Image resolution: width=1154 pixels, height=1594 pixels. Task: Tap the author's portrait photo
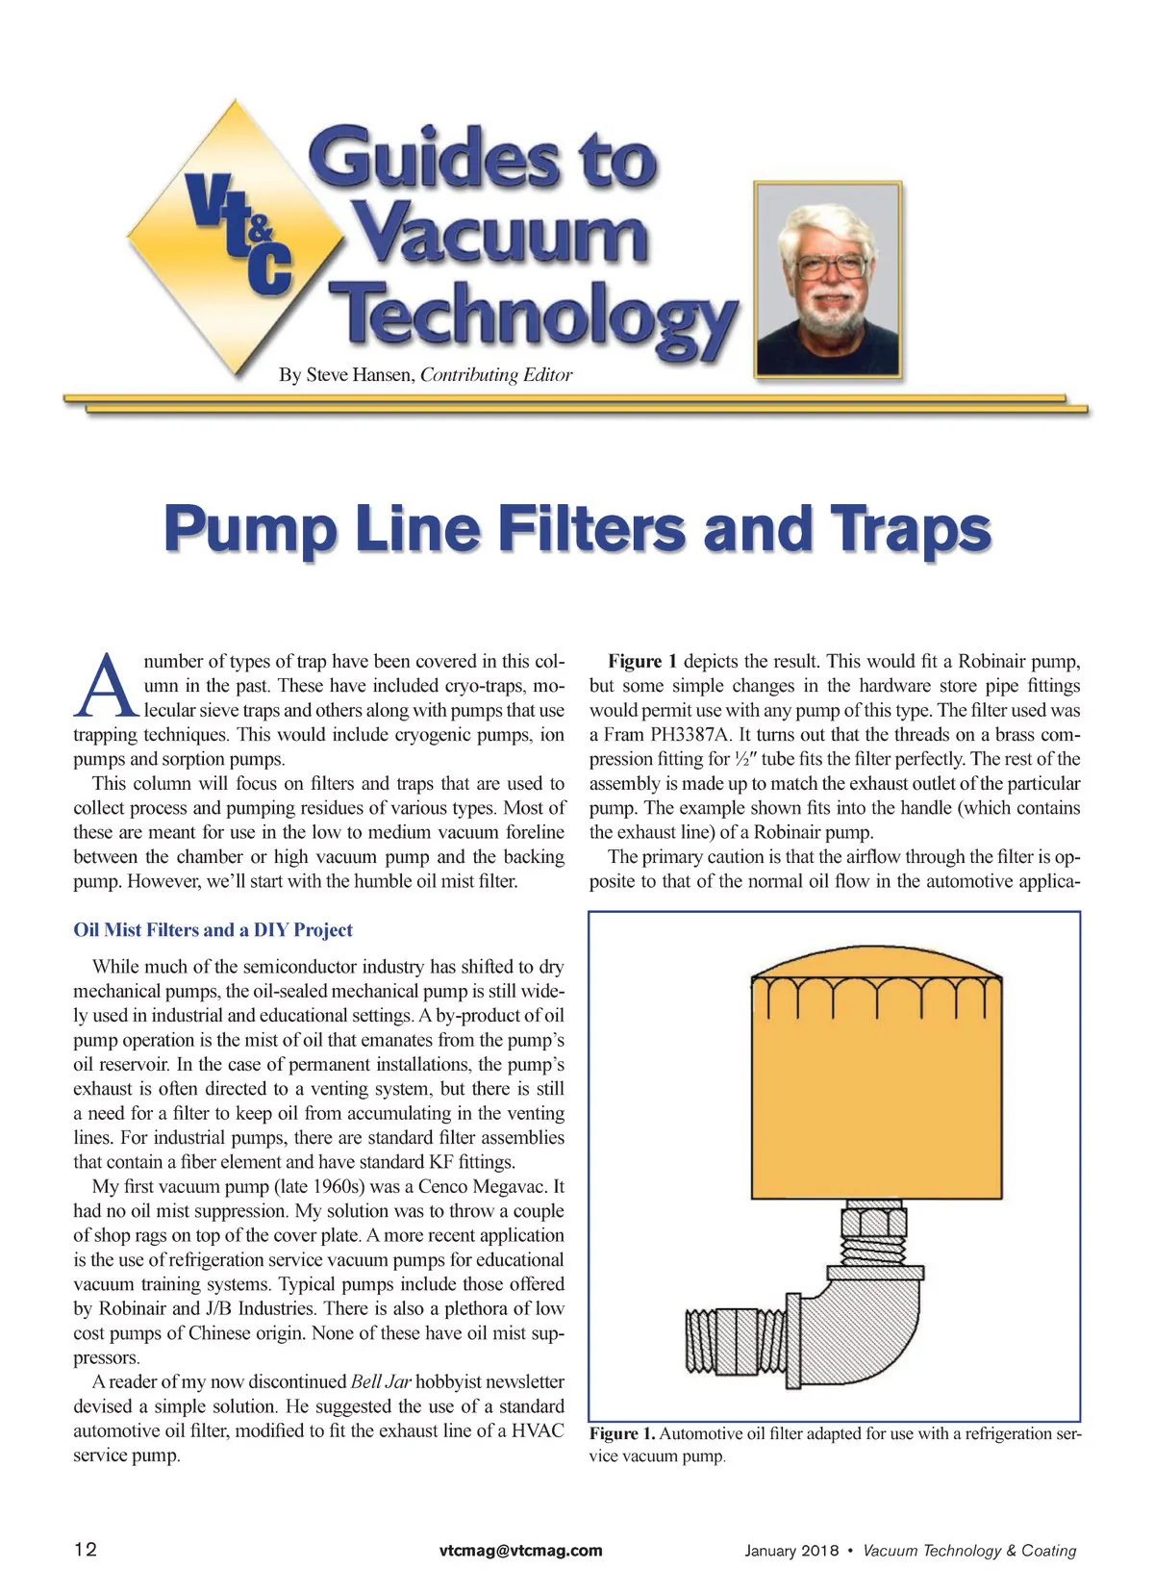pos(828,279)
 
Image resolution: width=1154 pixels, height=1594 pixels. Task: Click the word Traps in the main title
pos(910,530)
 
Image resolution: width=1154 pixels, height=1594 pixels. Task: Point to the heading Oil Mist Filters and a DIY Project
pos(213,930)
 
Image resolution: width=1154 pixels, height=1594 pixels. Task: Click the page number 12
pos(86,1549)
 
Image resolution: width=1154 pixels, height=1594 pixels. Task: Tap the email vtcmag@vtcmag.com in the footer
pos(520,1550)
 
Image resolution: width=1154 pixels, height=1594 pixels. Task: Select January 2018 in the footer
pos(790,1551)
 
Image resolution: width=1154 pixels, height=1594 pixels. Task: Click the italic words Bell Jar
pos(380,1381)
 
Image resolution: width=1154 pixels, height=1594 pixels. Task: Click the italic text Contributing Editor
pos(496,375)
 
